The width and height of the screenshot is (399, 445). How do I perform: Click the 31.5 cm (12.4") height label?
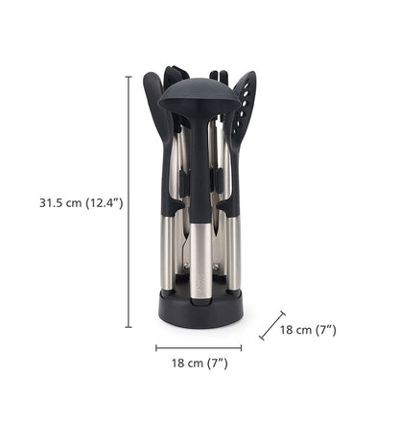(x=81, y=202)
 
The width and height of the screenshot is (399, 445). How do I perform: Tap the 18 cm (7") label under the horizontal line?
(x=199, y=363)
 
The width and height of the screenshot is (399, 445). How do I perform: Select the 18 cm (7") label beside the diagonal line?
(x=308, y=330)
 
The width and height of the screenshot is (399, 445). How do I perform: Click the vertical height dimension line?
(x=129, y=202)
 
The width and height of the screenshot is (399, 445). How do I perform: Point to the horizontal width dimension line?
(x=199, y=348)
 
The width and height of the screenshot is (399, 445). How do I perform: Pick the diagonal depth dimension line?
(x=272, y=325)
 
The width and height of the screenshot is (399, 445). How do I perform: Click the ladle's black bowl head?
(x=199, y=96)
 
